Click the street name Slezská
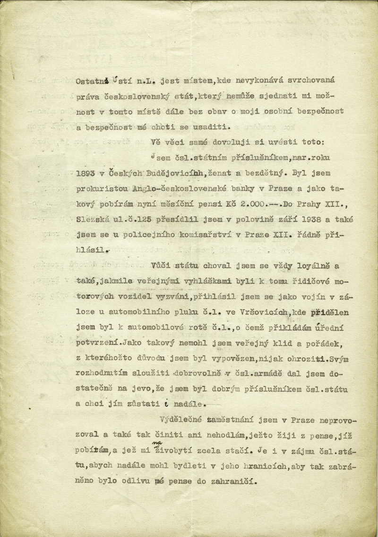click(x=94, y=219)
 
